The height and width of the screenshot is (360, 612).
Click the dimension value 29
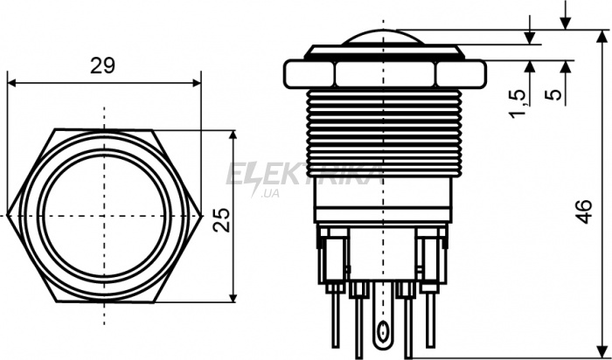pos(102,66)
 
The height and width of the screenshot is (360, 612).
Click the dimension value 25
pos(222,220)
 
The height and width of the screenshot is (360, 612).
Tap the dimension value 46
pos(584,211)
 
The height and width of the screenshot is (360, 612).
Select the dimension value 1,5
pos(518,103)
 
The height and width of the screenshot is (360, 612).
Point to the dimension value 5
pos(553,94)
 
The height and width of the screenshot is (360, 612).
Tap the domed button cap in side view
pos(384,38)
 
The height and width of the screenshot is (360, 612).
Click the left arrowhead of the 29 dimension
pos(11,83)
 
